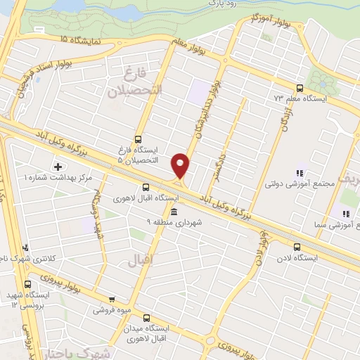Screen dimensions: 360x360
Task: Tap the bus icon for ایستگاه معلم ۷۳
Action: [x=300, y=89]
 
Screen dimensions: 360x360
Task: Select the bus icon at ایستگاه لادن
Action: [x=297, y=247]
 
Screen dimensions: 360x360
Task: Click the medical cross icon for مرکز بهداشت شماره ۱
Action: [x=57, y=167]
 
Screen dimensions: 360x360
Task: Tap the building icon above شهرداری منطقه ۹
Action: [x=174, y=212]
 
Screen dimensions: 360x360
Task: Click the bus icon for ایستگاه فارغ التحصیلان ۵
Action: [x=138, y=139]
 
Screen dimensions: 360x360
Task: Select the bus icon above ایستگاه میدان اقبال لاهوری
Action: [x=147, y=318]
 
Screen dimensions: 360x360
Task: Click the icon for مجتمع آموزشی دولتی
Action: [x=300, y=173]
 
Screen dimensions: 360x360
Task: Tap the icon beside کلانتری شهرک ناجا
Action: [x=26, y=247]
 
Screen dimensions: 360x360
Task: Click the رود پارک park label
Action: [x=221, y=4]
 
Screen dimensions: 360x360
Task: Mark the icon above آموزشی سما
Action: [x=345, y=213]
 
